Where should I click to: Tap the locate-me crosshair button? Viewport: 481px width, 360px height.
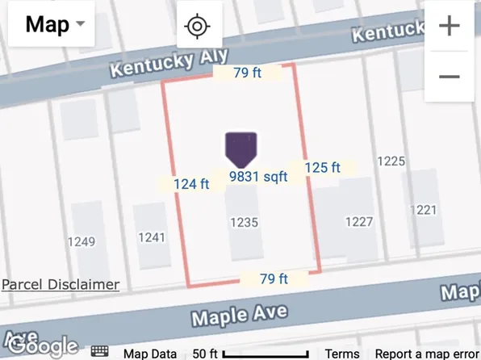tap(196, 26)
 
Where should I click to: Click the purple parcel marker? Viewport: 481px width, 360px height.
tap(241, 147)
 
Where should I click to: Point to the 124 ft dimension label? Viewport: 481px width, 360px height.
tap(191, 184)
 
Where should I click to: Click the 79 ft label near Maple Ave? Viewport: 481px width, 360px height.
tap(274, 279)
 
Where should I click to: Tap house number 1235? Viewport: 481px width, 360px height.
tap(244, 221)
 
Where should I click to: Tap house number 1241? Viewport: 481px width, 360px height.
tap(152, 237)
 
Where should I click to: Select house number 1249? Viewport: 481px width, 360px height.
tap(82, 241)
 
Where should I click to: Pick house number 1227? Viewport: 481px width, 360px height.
tap(358, 222)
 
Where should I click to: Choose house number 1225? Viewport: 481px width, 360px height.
tap(391, 161)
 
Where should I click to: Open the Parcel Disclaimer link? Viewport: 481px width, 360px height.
tap(61, 284)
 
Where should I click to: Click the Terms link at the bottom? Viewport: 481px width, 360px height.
tap(342, 353)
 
